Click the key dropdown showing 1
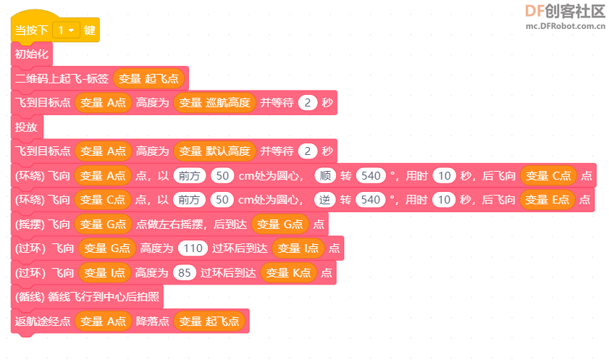tap(66, 30)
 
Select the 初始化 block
tap(31, 54)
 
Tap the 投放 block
tap(27, 127)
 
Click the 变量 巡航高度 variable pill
tap(215, 103)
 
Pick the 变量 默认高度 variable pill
tap(215, 151)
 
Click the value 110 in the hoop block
tap(193, 248)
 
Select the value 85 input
tap(184, 272)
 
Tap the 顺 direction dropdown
tap(325, 175)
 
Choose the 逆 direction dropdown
tap(324, 200)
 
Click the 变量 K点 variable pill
tap(289, 272)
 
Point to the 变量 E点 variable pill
tap(547, 200)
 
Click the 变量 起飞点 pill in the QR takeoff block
tap(148, 78)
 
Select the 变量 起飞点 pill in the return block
tap(209, 321)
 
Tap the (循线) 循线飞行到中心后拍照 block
tap(87, 297)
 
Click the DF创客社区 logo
tap(565, 12)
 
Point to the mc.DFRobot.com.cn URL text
tap(566, 26)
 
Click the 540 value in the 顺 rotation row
tap(371, 175)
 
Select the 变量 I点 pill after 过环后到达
tap(298, 248)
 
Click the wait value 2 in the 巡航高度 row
tap(308, 103)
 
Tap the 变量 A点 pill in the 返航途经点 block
tap(103, 321)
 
